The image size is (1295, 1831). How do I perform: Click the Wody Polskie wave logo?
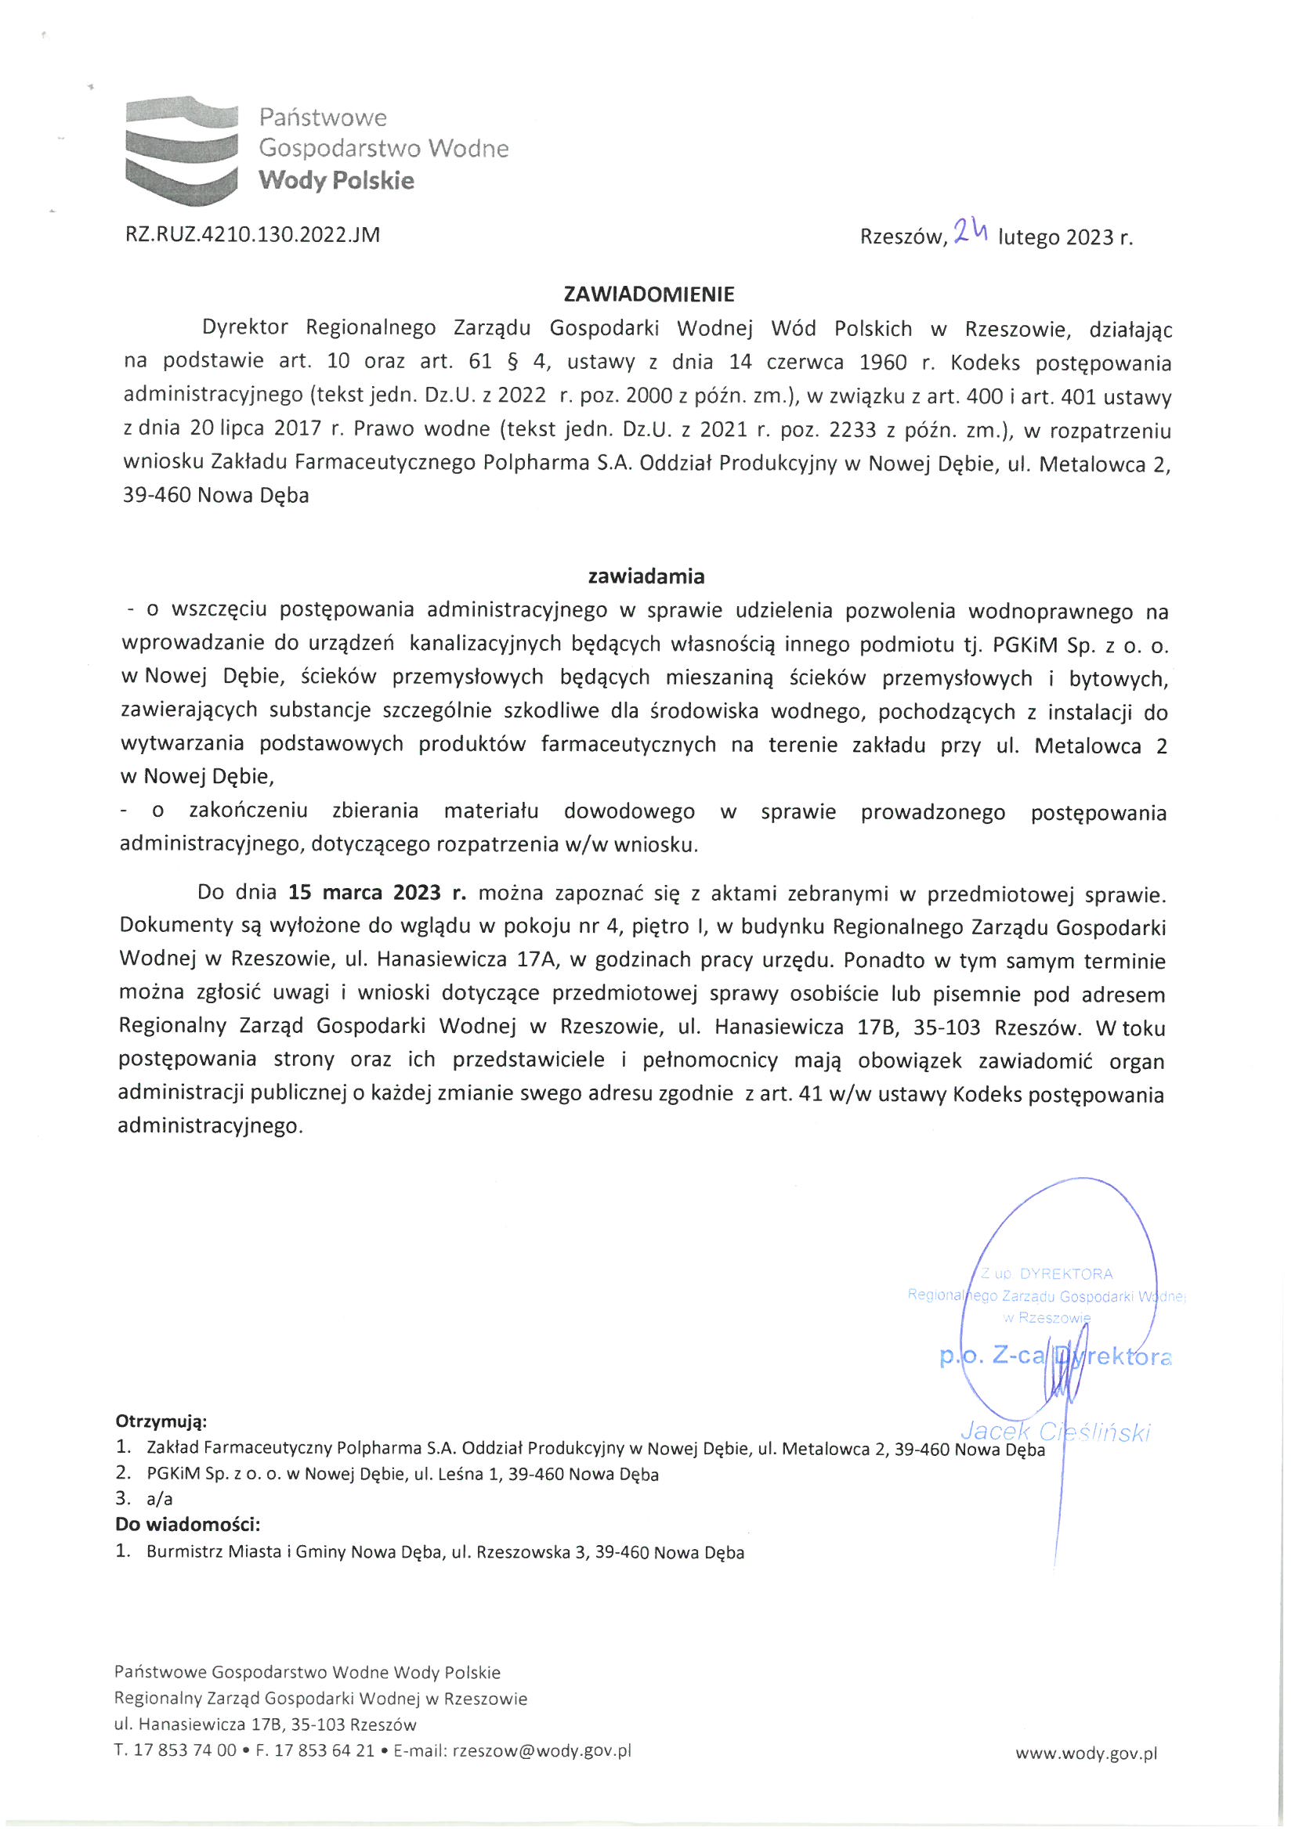182,150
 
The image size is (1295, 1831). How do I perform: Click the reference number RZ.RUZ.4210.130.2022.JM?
252,234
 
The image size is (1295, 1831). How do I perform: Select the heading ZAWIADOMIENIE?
648,294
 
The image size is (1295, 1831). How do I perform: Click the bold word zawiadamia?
646,576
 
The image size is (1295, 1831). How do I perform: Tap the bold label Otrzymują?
161,1421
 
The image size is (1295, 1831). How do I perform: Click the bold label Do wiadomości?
187,1524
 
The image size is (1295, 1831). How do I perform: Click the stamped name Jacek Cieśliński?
1055,1432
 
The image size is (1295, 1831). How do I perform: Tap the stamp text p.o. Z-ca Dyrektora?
1054,1356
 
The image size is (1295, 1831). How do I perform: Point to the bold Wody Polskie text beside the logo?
336,180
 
